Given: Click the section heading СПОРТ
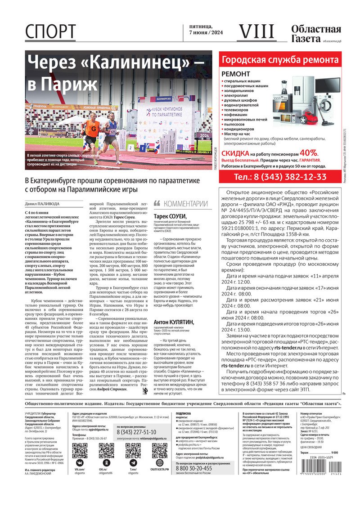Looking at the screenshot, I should pyautogui.click(x=50, y=32).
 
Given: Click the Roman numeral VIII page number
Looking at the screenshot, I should pyautogui.click(x=256, y=32).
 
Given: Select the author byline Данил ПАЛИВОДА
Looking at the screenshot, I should pyautogui.click(x=42, y=204).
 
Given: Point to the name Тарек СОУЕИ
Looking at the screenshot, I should pyautogui.click(x=170, y=216).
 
